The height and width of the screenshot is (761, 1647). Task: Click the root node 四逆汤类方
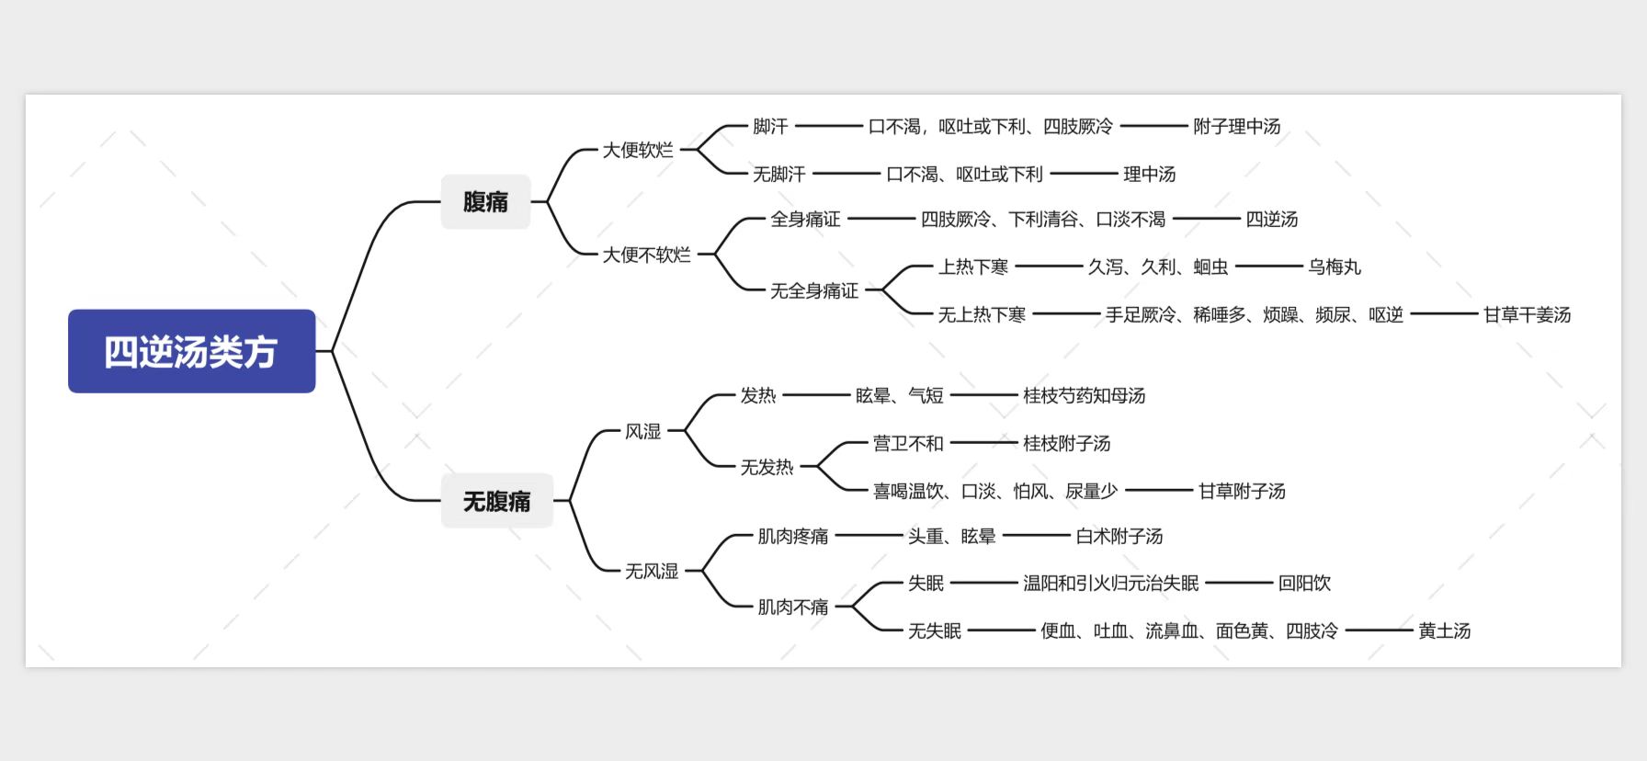coord(191,351)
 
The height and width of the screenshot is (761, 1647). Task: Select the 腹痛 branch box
coord(485,201)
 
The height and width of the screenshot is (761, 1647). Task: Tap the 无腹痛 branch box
coord(496,501)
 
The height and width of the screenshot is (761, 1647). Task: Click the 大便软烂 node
coord(638,150)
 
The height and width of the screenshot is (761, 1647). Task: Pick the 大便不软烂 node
coord(646,255)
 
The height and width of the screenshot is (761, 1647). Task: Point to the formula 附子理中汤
coord(1237,126)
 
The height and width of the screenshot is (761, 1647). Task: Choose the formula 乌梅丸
coord(1335,267)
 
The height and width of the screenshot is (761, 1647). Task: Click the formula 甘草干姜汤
coord(1528,314)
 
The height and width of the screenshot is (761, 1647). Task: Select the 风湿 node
coord(643,431)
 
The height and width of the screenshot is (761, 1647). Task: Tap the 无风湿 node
coord(652,571)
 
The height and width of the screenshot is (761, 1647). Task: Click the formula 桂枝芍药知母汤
coord(1085,395)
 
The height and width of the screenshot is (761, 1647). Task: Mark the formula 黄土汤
coord(1445,630)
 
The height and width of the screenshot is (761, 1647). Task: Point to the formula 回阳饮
coord(1304,583)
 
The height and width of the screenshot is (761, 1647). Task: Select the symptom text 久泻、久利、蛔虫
coord(1158,267)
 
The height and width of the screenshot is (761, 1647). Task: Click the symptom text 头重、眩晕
coord(952,536)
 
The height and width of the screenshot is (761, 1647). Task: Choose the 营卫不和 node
coord(908,443)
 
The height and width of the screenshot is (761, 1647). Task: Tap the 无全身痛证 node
coord(814,290)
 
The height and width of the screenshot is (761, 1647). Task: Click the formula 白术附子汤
coord(1119,536)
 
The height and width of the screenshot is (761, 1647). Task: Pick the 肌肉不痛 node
coord(793,607)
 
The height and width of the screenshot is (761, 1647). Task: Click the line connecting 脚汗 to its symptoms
coord(828,126)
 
